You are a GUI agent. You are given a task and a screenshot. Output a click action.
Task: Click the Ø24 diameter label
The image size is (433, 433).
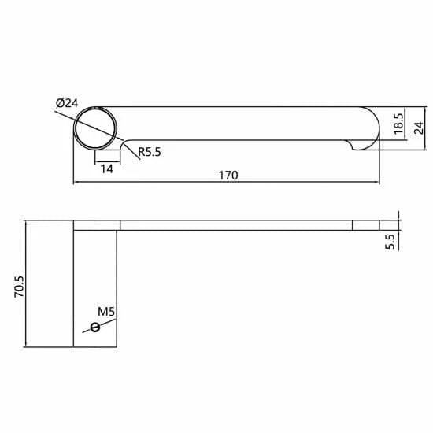67,102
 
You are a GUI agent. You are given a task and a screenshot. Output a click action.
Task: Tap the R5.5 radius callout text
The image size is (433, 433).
149,153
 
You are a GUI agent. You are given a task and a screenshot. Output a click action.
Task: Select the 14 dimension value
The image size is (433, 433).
106,168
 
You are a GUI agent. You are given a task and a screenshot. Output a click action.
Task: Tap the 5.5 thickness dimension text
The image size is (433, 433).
390,240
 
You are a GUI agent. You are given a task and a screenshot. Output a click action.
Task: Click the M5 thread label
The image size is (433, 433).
107,312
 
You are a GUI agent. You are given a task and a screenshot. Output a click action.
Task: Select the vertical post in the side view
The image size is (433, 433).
97,287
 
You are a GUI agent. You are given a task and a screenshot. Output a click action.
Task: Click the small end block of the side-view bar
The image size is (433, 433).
366,225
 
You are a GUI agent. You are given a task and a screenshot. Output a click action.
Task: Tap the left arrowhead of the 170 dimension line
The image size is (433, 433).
76,183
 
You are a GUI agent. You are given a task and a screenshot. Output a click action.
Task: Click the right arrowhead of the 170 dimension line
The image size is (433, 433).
379,183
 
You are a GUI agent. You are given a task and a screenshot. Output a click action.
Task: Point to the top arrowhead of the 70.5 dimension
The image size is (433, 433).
28,224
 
